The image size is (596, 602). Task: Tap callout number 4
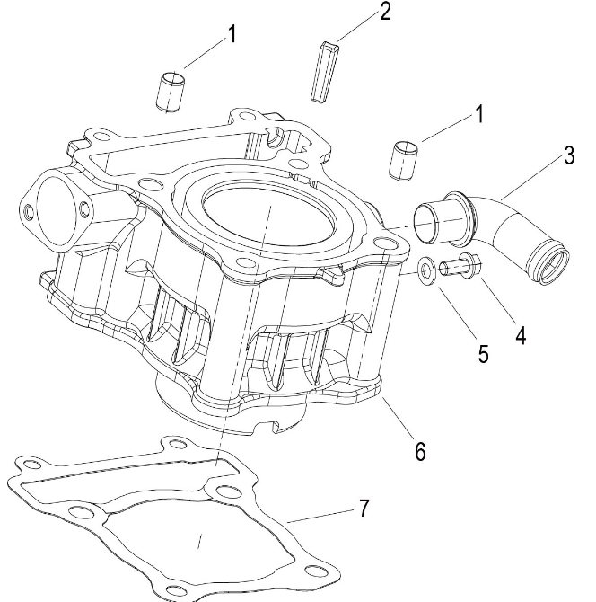[521, 336]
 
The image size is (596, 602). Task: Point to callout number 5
[483, 354]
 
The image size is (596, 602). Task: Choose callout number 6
[418, 450]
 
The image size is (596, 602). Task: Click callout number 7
[364, 509]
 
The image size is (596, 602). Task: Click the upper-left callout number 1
[232, 35]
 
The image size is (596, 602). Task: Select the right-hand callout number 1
[479, 115]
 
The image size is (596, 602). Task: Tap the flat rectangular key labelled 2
[325, 70]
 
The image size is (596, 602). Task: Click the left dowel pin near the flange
[171, 92]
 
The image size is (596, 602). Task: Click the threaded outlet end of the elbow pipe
[548, 264]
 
